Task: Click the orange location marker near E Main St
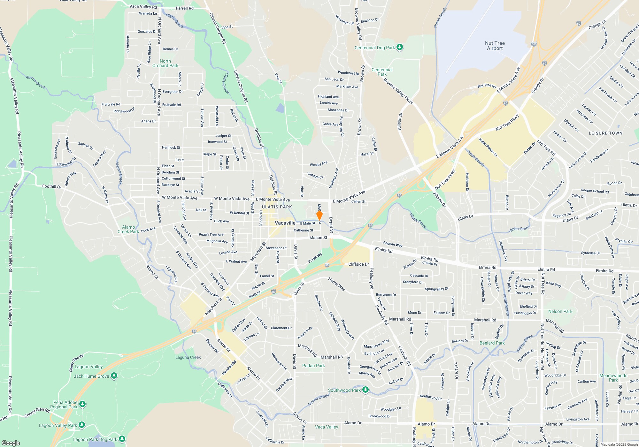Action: (319, 216)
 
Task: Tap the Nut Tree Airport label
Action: (495, 46)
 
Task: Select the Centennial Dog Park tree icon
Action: (399, 48)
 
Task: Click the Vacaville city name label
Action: (285, 223)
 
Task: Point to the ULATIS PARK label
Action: (277, 207)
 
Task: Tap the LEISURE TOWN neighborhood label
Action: (605, 133)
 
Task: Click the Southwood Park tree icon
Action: (366, 390)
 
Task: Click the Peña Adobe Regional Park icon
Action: (82, 404)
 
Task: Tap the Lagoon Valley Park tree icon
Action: (82, 425)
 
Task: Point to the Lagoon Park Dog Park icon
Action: (122, 439)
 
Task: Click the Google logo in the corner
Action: (11, 443)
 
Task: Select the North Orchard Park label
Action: (165, 63)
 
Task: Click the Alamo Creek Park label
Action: (128, 229)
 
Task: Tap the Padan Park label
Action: (313, 366)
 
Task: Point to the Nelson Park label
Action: (560, 311)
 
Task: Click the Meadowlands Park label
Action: (613, 378)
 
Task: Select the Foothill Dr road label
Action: (51, 186)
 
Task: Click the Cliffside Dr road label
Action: (358, 264)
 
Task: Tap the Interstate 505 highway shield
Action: (534, 44)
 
